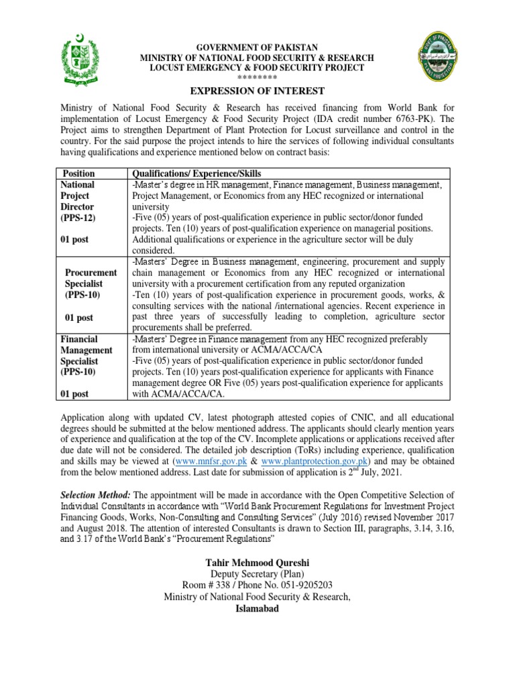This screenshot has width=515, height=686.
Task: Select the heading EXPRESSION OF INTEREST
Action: click(x=257, y=91)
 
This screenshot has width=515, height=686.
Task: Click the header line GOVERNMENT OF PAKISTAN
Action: click(x=257, y=48)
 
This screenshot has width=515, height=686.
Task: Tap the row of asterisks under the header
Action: click(x=257, y=78)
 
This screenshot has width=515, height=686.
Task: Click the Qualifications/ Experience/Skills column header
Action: click(x=196, y=173)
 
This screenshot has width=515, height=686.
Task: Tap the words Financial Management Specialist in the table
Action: click(x=87, y=350)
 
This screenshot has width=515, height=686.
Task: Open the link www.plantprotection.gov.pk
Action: click(x=315, y=462)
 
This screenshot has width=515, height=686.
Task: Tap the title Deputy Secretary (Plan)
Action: click(x=257, y=573)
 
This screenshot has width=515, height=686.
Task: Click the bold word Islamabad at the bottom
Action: click(x=257, y=609)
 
